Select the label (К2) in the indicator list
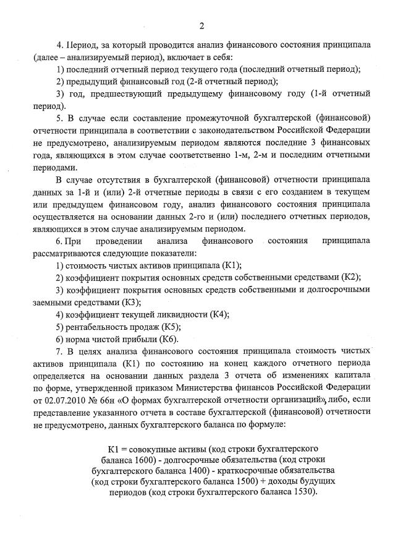point(351,276)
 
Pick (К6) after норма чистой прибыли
point(169,339)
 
